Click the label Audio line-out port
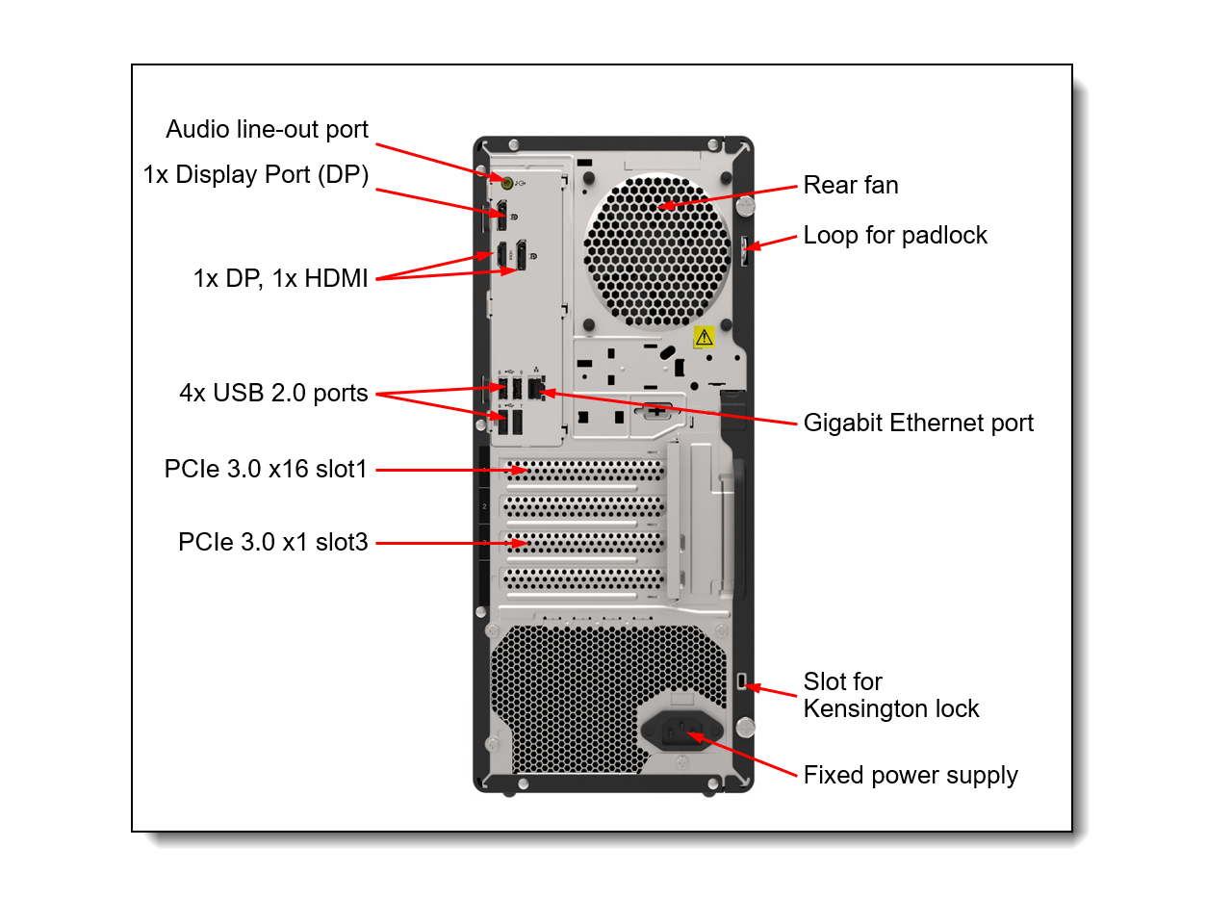(x=267, y=129)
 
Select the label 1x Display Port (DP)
(x=256, y=174)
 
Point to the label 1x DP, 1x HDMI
(x=280, y=278)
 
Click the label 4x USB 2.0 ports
(x=273, y=393)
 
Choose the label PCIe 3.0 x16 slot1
(x=266, y=469)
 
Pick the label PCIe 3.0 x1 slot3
(x=272, y=542)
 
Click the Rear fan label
(x=851, y=185)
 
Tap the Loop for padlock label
(x=895, y=235)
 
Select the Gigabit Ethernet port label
(x=918, y=423)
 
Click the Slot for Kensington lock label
(x=890, y=695)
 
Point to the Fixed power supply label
(x=911, y=775)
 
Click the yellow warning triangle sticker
(x=705, y=337)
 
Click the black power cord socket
(x=681, y=732)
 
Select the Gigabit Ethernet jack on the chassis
(x=536, y=389)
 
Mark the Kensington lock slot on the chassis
(x=740, y=681)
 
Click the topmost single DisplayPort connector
(x=501, y=215)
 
